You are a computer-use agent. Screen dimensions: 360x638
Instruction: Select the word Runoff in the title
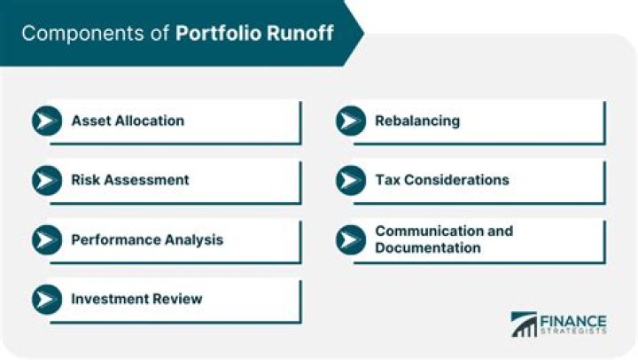point(300,34)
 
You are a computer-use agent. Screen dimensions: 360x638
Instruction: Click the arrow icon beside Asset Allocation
point(46,121)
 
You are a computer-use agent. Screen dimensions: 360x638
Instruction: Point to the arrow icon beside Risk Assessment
point(46,180)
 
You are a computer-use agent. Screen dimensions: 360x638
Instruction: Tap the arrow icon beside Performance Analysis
point(46,239)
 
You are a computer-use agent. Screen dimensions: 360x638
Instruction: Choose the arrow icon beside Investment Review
point(46,299)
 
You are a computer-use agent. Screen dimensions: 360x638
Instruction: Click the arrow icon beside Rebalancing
point(350,121)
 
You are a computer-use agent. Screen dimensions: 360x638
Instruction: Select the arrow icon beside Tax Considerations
point(350,180)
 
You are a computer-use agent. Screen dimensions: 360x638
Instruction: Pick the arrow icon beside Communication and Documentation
point(350,239)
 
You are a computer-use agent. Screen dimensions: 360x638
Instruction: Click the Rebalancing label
point(416,121)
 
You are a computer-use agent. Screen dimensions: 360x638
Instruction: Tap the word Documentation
point(427,247)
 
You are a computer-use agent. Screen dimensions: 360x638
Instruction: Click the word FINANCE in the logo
point(572,320)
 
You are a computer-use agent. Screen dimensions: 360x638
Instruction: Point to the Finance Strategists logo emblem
point(524,324)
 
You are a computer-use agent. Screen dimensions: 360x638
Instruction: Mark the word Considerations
point(456,180)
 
